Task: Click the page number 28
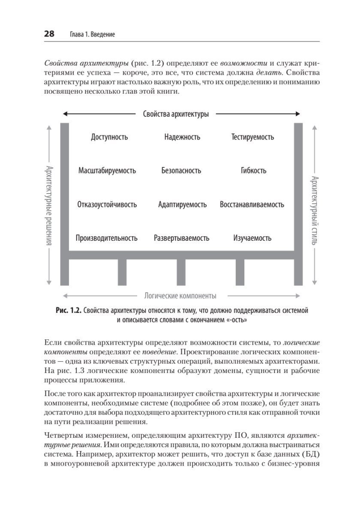pos(49,34)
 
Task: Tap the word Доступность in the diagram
pos(109,137)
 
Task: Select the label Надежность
pos(182,137)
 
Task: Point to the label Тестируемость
pos(253,137)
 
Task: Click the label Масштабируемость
pos(107,170)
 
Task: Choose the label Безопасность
pos(181,170)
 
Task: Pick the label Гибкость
pos(253,170)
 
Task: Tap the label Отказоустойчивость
pos(107,204)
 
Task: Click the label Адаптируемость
pos(182,204)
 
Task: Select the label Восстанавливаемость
pos(252,204)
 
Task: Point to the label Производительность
pos(107,238)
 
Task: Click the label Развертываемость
pos(182,238)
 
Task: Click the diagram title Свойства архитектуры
pos(176,114)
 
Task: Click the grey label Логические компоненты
pos(180,296)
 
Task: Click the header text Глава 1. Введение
pos(92,34)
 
